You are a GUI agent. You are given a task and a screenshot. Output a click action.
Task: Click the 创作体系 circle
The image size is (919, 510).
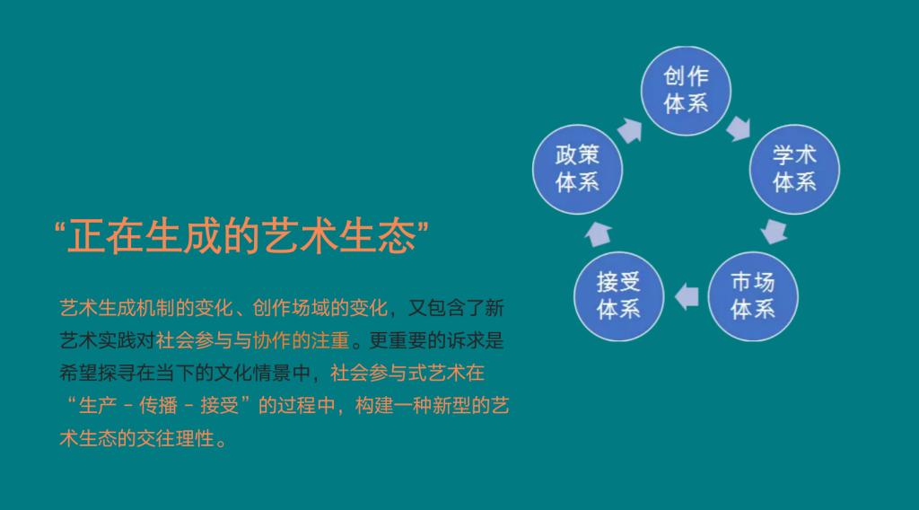(686, 91)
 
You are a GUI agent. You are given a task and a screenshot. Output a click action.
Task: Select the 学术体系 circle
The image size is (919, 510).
(794, 169)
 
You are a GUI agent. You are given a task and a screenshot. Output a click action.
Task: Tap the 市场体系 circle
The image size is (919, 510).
(753, 296)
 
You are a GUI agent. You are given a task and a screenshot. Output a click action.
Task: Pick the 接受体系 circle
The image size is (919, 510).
(618, 296)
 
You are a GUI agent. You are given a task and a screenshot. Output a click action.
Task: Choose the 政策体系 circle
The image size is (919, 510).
(577, 169)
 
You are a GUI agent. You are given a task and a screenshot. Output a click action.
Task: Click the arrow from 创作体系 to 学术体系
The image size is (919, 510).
(740, 128)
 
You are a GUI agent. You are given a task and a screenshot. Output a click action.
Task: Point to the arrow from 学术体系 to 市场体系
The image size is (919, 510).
(775, 232)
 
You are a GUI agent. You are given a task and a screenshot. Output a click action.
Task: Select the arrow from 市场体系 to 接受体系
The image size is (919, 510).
(687, 296)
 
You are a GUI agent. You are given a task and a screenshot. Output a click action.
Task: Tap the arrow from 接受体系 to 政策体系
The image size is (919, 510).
(599, 233)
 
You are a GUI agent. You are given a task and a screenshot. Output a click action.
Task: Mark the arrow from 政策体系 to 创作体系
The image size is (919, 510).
(629, 130)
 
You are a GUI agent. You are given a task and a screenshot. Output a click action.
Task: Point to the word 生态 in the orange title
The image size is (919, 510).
(377, 236)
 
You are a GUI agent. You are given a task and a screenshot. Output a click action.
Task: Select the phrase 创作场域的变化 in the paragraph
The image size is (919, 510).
(320, 308)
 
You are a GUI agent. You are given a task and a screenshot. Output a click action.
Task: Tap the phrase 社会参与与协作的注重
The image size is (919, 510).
(252, 340)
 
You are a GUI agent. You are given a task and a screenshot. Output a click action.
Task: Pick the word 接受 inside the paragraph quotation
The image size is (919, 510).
(220, 405)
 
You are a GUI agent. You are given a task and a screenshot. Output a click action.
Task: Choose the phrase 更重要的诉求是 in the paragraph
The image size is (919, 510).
(436, 340)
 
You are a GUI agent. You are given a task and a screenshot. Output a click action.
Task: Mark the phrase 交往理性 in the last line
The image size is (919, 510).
(175, 438)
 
